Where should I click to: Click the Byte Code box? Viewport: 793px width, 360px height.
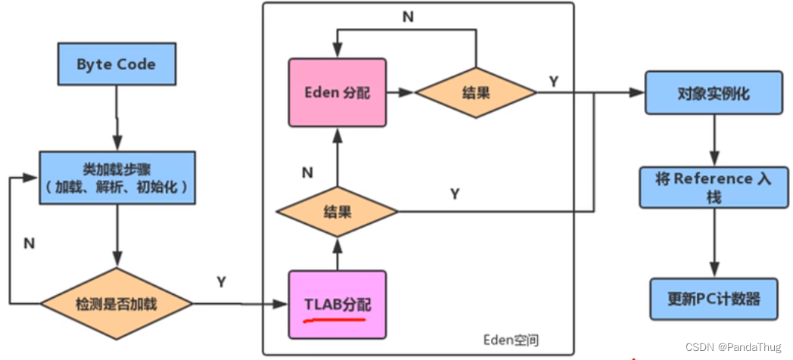(116, 64)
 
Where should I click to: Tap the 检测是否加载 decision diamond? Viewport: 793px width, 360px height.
(117, 304)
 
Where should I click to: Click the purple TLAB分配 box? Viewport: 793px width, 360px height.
(337, 304)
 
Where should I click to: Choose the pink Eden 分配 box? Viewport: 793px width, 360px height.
(337, 92)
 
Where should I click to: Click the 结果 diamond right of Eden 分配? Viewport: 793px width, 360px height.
(475, 92)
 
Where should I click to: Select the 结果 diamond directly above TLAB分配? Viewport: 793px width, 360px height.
(337, 212)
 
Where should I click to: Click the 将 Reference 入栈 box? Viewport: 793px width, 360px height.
(713, 187)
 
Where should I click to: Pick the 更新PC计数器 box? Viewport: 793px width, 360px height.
(713, 298)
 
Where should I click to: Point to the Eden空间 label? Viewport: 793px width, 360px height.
(512, 340)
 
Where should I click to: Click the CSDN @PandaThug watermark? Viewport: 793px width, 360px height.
(733, 346)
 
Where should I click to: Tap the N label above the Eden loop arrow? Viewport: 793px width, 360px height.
(408, 17)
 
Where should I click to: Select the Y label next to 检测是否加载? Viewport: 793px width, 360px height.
(222, 282)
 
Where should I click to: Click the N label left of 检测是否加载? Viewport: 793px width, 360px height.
(29, 244)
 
